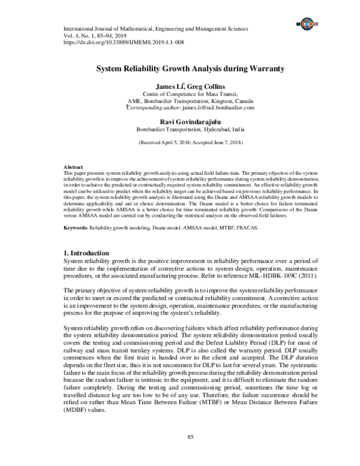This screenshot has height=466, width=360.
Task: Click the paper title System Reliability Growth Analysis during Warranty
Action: (x=180, y=69)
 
